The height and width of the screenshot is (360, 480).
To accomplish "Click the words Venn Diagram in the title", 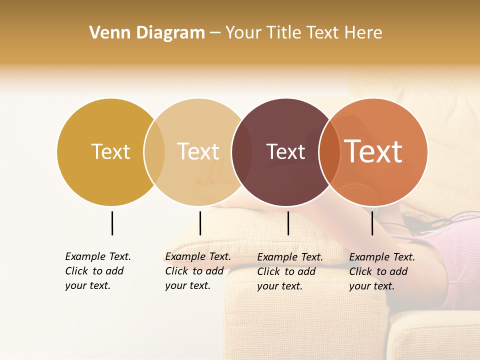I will point(147,33).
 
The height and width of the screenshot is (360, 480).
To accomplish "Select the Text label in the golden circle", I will point(110,151).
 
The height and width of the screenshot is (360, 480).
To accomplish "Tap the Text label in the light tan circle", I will point(198,151).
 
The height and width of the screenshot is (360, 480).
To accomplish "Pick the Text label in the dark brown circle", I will point(285,151).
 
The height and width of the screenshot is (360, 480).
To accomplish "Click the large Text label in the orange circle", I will point(373,151).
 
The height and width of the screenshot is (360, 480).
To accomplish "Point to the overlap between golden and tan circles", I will point(154,152).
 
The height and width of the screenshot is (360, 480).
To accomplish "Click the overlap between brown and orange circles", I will point(329,152).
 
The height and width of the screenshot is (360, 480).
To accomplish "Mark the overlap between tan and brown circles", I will point(241,152).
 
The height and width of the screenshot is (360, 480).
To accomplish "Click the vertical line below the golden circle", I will point(112,223).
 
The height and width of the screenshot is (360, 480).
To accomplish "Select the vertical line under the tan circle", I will point(200,223).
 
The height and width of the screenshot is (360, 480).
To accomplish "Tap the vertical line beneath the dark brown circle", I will point(288,223).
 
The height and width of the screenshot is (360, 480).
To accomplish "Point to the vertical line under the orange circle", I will point(372,223).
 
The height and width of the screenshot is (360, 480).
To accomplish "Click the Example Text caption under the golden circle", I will point(98,271).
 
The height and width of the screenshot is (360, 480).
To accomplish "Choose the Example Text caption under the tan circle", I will point(198,271).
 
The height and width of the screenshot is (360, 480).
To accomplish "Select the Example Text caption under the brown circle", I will point(290,271).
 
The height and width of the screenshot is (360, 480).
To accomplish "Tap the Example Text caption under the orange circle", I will point(382,271).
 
